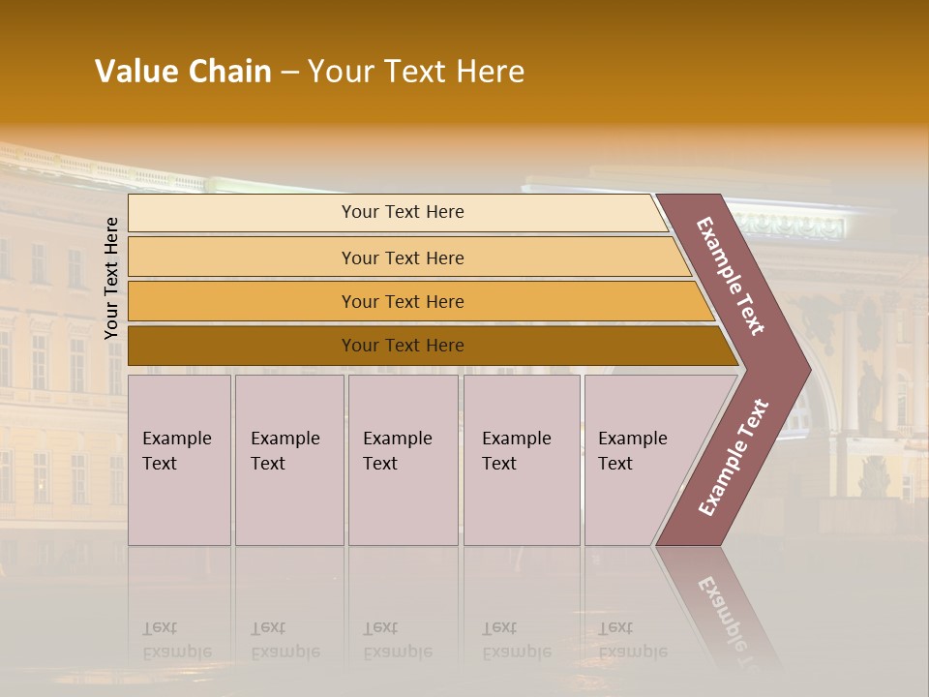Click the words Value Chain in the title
[x=183, y=72]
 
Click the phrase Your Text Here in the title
[x=416, y=72]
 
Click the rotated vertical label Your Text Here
[x=111, y=278]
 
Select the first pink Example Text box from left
[x=179, y=460]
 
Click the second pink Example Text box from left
[x=289, y=460]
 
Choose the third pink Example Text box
[x=403, y=460]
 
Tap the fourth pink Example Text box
[x=522, y=460]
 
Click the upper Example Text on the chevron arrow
[x=731, y=276]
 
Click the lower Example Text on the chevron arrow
[x=734, y=457]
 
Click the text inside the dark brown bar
[x=403, y=346]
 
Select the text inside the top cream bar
[x=403, y=212]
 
